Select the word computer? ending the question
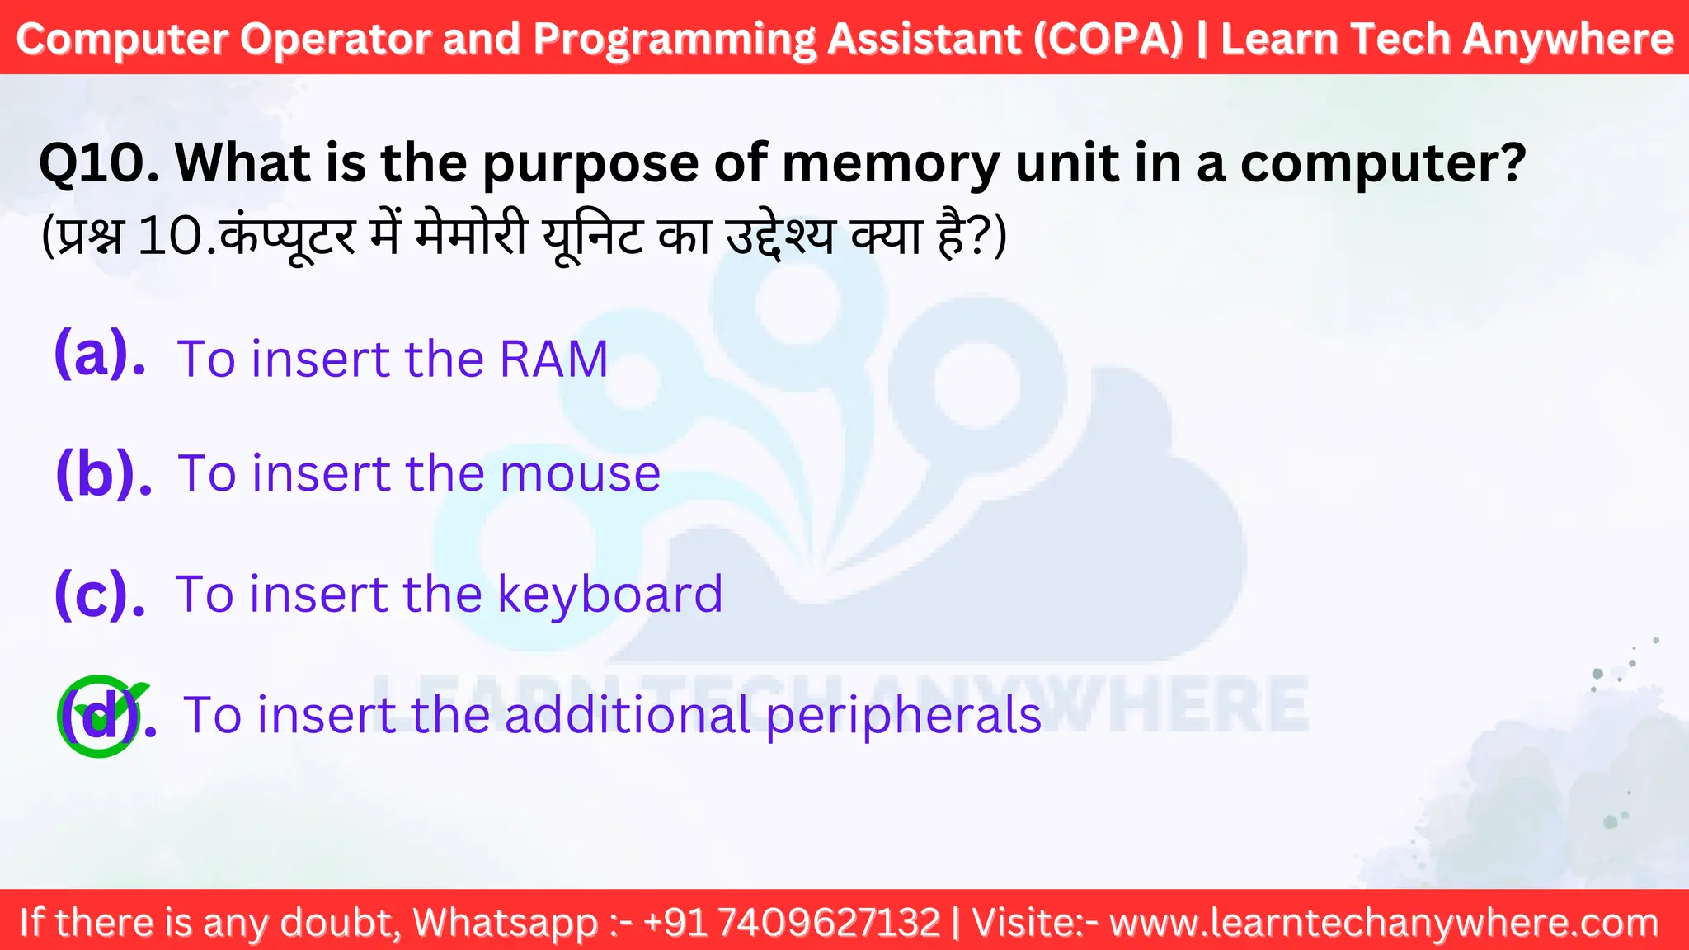point(1383,163)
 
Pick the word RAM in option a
point(554,360)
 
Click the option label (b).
point(103,473)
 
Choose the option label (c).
point(99,594)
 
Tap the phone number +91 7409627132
point(792,922)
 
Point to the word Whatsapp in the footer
point(505,922)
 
